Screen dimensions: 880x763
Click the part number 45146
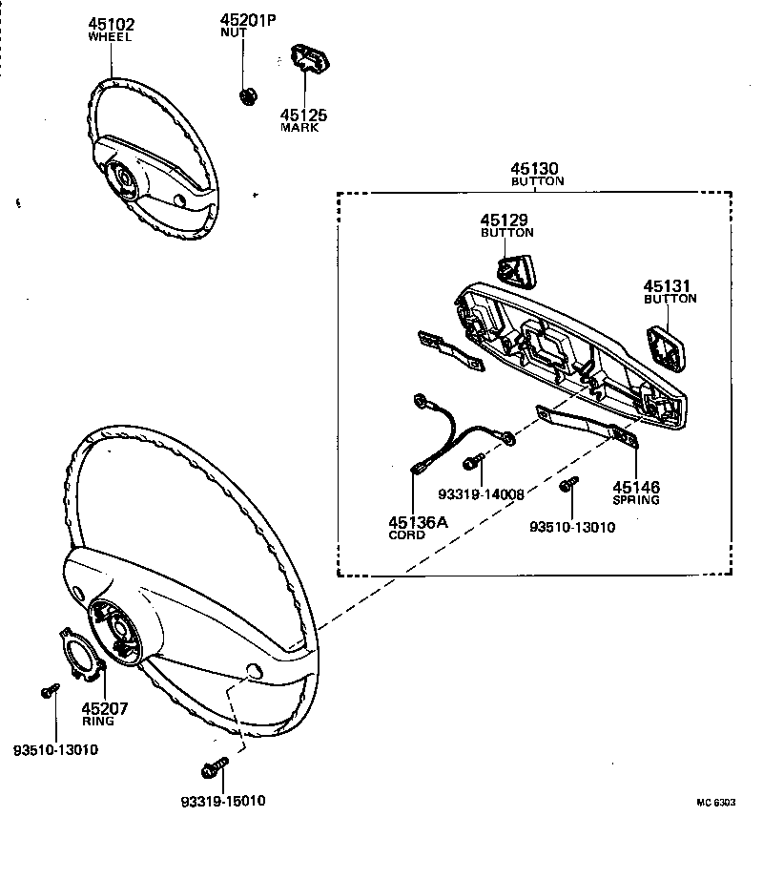pos(636,487)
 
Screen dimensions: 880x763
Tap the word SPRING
pos(636,499)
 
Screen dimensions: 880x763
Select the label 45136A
pos(417,522)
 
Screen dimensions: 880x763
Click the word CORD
pos(407,535)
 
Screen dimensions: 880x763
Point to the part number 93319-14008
pos(481,494)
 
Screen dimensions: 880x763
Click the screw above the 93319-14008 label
pos(472,463)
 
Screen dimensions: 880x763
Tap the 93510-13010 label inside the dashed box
pos(572,527)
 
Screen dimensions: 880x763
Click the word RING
pos(97,721)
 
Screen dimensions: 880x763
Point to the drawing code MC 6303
pos(715,804)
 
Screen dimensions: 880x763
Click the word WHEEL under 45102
pos(110,38)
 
